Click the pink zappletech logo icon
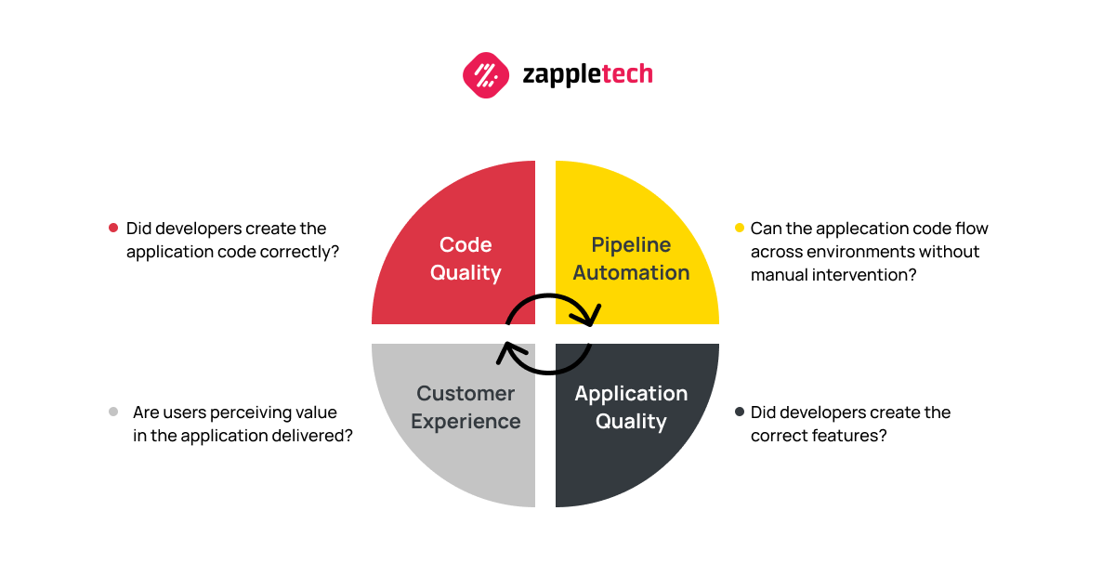coord(486,75)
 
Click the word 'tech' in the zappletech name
coord(627,73)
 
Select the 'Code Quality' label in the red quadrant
coord(466,259)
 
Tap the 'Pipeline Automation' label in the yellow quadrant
coord(631,258)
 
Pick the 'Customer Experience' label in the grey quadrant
coord(466,407)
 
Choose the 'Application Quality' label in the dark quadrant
coord(631,407)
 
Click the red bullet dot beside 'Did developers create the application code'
coord(113,228)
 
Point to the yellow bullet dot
coord(740,228)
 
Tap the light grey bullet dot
coord(113,412)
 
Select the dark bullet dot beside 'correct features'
coord(740,412)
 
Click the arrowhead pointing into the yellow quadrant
coord(590,316)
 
